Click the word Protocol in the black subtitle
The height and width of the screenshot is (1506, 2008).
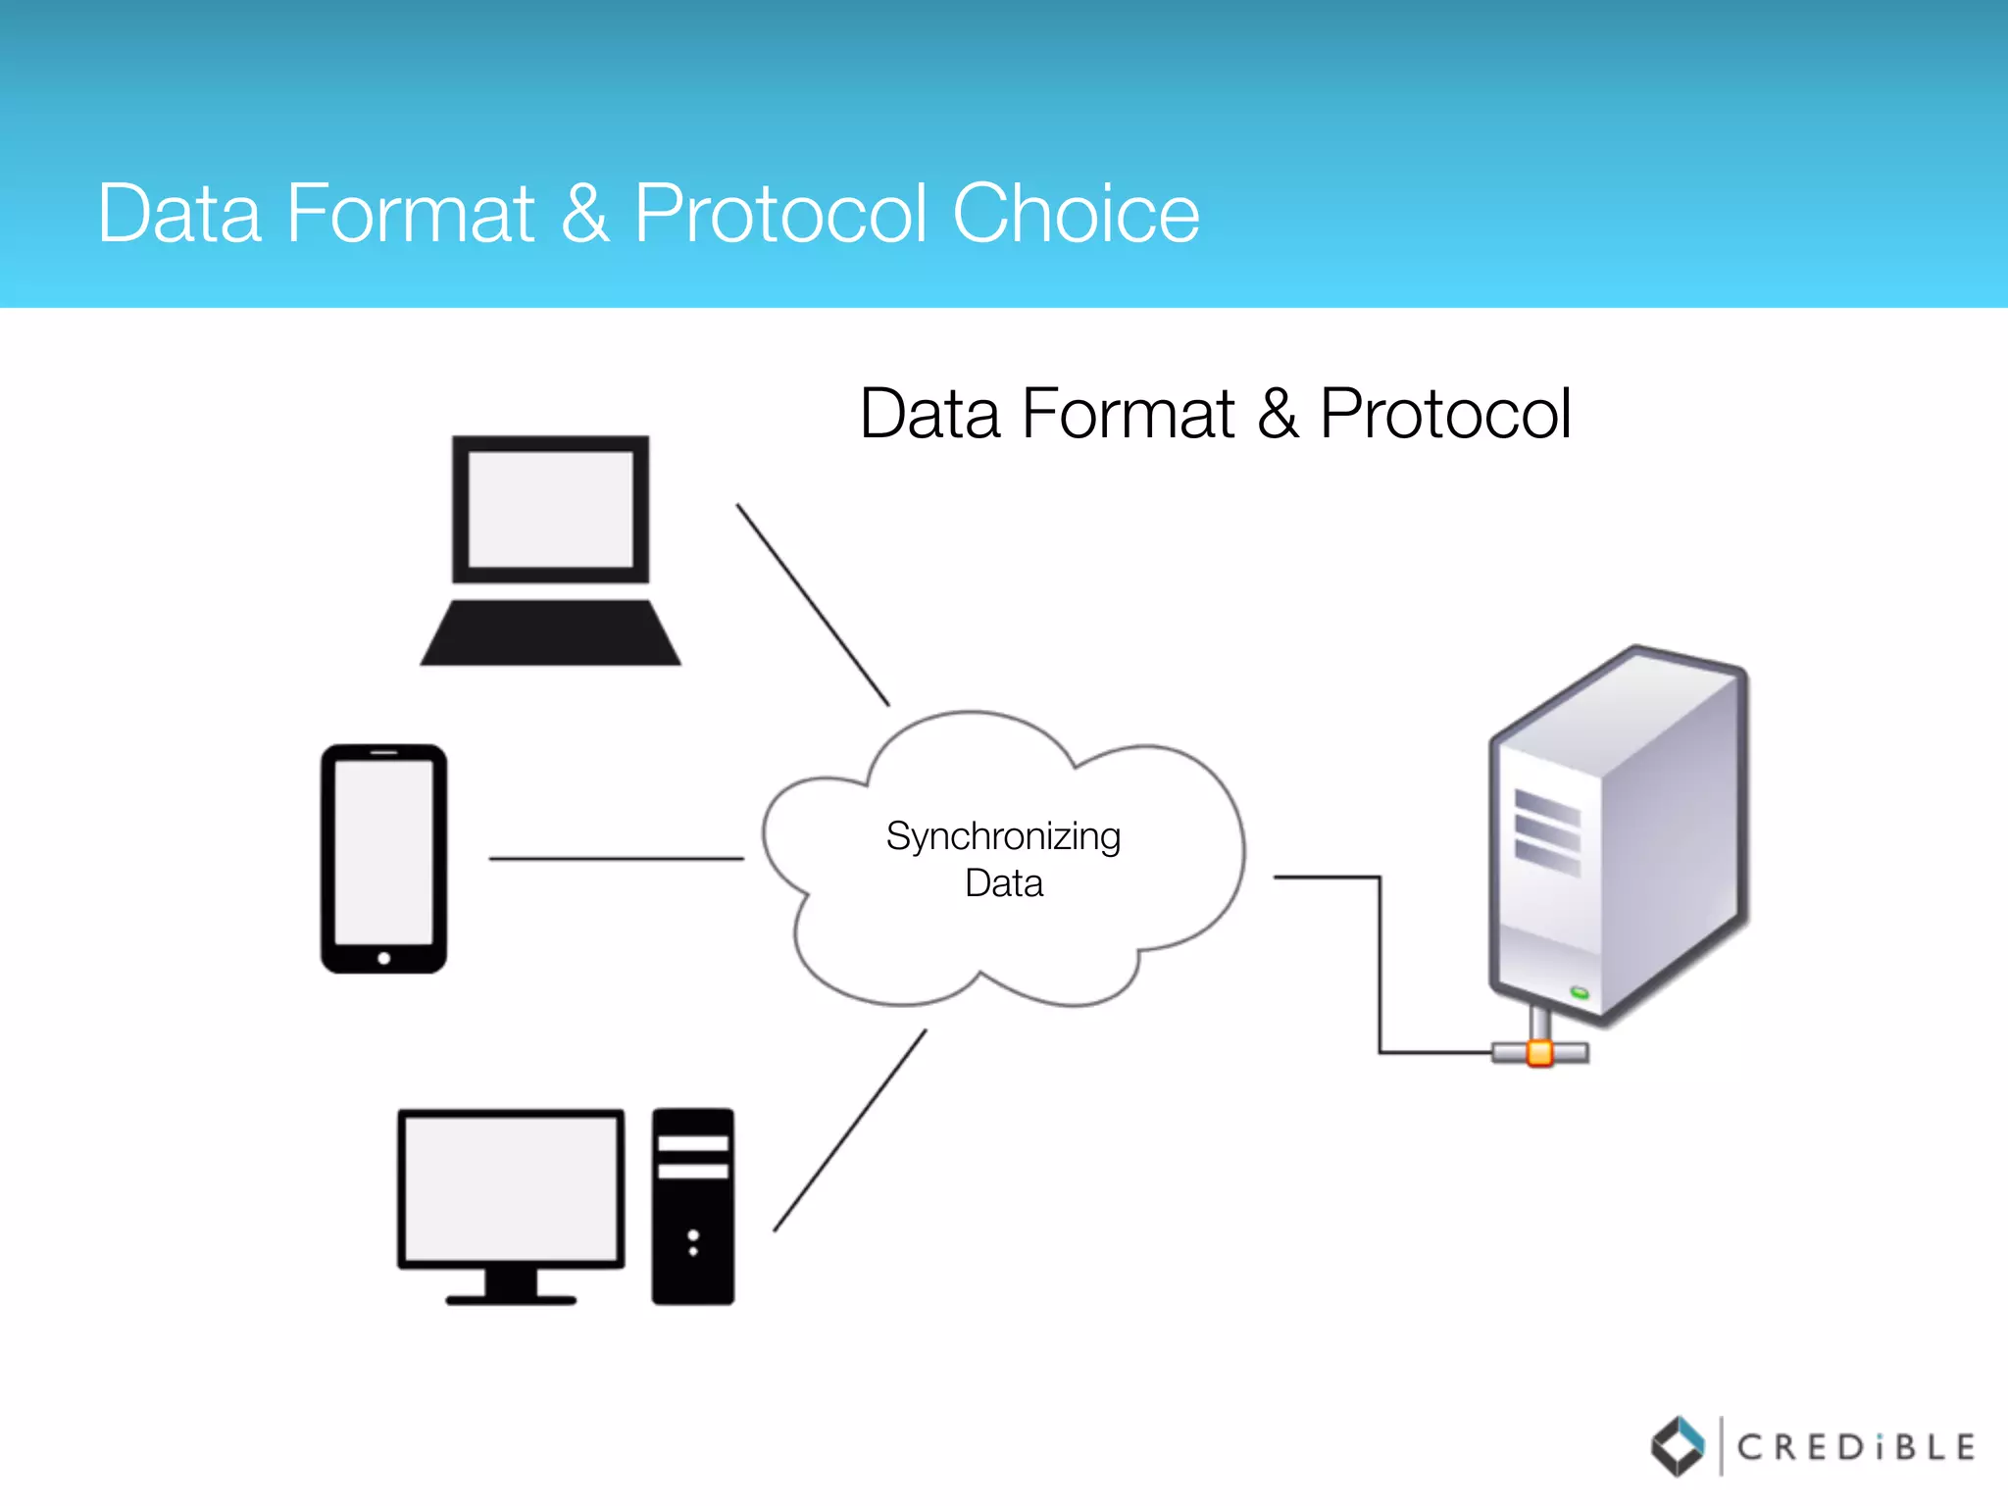click(1445, 414)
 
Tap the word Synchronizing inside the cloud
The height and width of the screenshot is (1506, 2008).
click(1003, 836)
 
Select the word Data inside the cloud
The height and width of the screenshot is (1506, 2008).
click(1003, 883)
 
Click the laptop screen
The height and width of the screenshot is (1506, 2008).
click(550, 509)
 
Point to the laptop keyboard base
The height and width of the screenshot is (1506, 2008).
click(550, 633)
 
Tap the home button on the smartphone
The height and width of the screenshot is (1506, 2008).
click(384, 958)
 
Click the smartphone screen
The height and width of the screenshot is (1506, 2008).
click(383, 851)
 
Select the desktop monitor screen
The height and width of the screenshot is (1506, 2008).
click(511, 1188)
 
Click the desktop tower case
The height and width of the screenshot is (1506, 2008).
click(693, 1206)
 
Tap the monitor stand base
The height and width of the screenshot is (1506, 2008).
click(511, 1299)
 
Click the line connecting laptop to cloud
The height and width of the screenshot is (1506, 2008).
click(813, 605)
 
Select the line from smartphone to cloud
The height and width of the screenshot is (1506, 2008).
click(616, 859)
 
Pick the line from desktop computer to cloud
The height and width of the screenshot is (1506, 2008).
click(849, 1130)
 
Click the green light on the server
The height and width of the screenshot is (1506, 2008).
click(1580, 993)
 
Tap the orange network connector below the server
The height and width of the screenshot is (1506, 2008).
click(1540, 1053)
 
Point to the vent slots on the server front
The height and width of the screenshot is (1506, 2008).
click(1547, 832)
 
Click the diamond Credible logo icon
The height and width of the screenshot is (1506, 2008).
click(1679, 1445)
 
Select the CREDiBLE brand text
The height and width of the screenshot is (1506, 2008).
click(1855, 1447)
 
